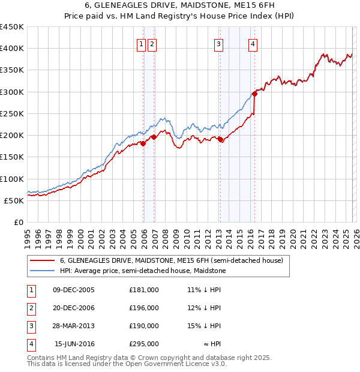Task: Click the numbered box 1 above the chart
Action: (141, 44)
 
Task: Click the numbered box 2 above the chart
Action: (152, 44)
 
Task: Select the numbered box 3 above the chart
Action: (218, 44)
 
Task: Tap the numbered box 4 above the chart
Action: (253, 44)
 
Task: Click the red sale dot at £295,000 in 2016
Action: (254, 94)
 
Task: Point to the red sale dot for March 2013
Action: (220, 139)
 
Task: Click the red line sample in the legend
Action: (42, 261)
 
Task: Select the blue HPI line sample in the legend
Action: (42, 271)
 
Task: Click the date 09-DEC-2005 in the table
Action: (73, 290)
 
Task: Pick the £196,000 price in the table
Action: (143, 308)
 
